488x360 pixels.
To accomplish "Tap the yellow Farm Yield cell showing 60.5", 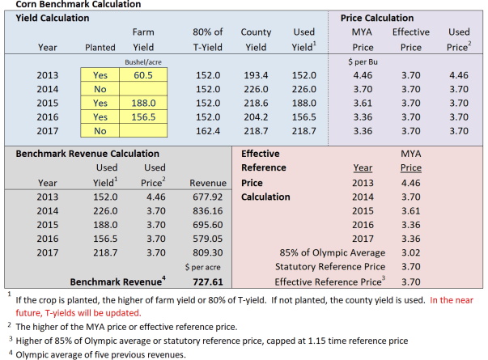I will tap(145, 75).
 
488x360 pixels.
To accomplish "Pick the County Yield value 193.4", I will tap(256, 75).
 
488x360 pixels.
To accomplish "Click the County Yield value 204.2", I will tap(256, 117).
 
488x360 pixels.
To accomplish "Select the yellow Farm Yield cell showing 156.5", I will tap(145, 117).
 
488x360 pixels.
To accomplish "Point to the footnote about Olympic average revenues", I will tap(97, 354).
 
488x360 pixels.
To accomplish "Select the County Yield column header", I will tap(256, 39).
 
